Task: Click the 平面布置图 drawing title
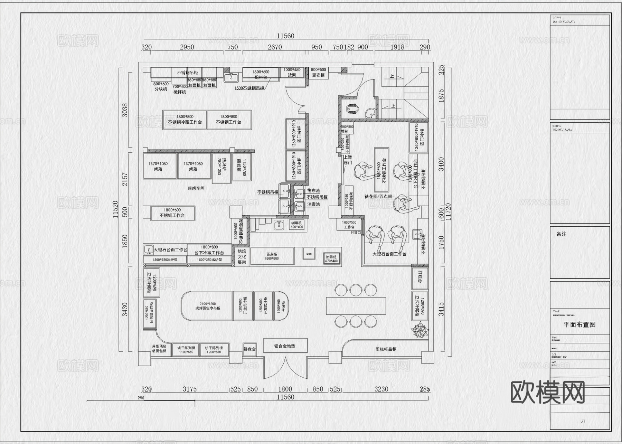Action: coord(579,325)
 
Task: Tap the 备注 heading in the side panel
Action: coord(562,234)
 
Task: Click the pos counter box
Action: coord(309,254)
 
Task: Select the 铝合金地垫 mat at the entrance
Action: coord(285,346)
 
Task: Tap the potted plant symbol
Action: coord(420,330)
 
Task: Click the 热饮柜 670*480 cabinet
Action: coord(331,259)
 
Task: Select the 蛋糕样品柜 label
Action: coord(386,349)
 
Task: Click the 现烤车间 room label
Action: coord(196,188)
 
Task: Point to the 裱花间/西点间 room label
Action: coord(378,196)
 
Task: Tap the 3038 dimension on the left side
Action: coord(125,110)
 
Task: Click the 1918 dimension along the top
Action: coord(397,47)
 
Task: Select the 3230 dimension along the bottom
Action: coord(381,389)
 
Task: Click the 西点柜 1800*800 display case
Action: coord(272,256)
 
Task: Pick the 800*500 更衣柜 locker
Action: coord(318,72)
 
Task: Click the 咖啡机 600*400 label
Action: coord(296,225)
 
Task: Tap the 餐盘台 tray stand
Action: coord(249,349)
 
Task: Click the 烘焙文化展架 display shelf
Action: coord(242,256)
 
